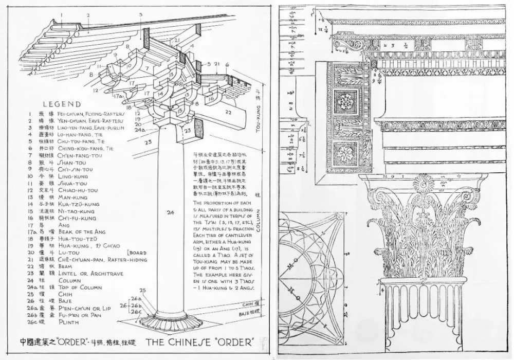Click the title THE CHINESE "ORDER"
tap(200, 342)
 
